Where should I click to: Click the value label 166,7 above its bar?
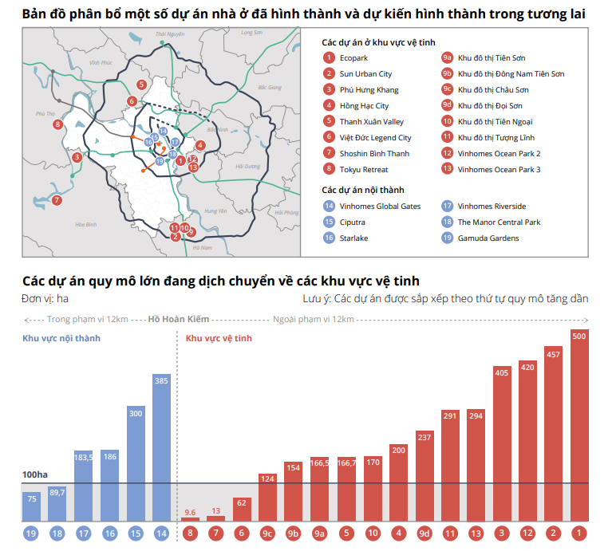(x=347, y=462)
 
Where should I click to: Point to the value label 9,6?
(x=190, y=512)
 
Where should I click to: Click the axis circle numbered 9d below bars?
(x=424, y=532)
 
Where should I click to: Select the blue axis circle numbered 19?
(x=31, y=532)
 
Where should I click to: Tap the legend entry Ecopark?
(x=353, y=58)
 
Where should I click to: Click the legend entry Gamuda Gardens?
(x=488, y=238)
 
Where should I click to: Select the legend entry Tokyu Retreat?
(x=363, y=169)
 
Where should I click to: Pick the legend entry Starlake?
(x=353, y=238)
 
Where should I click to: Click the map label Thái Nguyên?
(x=171, y=34)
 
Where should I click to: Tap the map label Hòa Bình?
(x=85, y=225)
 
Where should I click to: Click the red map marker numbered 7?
(x=57, y=200)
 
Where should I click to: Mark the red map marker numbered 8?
(x=57, y=124)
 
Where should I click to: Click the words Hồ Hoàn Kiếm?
(x=179, y=319)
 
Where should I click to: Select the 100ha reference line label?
(x=35, y=474)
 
